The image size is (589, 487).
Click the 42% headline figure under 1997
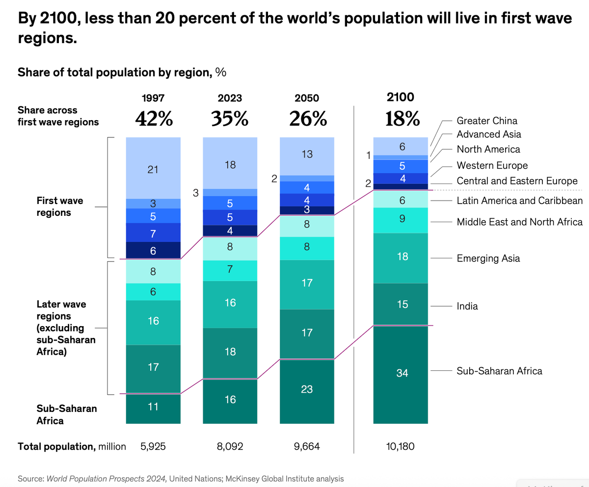tap(153, 119)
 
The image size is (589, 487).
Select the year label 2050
tap(307, 98)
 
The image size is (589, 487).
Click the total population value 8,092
tap(230, 447)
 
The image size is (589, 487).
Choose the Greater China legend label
tap(487, 121)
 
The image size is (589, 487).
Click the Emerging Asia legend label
tap(488, 258)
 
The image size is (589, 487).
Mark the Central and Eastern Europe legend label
tap(517, 181)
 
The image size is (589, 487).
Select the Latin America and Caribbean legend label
tap(519, 201)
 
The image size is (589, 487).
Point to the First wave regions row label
tap(60, 206)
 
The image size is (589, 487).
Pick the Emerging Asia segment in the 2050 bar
tap(307, 284)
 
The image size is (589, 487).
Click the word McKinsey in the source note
tap(237, 478)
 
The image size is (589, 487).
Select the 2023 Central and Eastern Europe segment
tap(230, 231)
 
